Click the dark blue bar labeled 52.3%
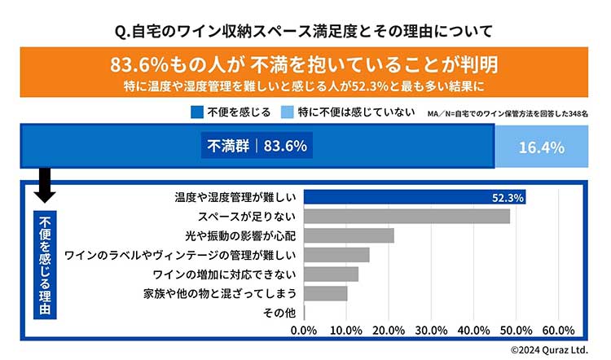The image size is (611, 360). [414, 197]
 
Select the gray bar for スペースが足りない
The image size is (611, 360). [407, 217]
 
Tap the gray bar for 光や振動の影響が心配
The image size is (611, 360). [349, 235]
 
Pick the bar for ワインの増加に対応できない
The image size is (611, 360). [331, 274]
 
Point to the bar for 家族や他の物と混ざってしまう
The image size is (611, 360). [325, 292]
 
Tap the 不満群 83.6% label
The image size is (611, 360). [256, 147]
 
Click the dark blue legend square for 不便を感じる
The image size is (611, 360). [196, 112]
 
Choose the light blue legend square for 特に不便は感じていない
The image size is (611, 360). [288, 112]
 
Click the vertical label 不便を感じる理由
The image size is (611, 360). [45, 265]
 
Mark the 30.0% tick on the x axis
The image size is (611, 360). [431, 330]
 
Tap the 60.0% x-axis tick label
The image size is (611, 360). [558, 330]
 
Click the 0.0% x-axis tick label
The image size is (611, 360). [304, 330]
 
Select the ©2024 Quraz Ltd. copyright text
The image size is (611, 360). [550, 349]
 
